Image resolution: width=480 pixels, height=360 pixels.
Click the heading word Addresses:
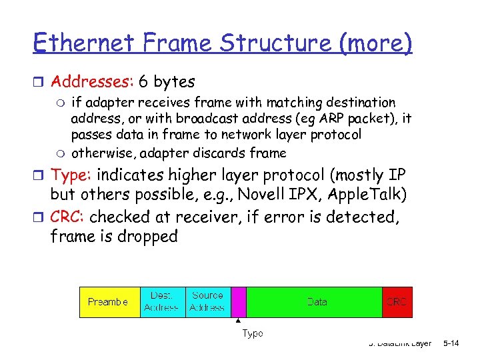point(93,82)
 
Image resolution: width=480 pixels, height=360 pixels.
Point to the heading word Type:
point(73,175)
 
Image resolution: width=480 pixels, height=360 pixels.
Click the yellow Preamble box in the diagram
point(109,302)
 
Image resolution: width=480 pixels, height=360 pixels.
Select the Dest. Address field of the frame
point(161,302)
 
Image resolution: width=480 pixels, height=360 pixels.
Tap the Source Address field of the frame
point(207,302)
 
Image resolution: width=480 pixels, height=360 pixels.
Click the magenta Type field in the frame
point(239,302)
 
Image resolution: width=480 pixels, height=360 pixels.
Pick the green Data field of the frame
point(317,302)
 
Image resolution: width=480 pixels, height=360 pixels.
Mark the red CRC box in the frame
point(397,302)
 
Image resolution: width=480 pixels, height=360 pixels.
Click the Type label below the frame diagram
point(252,333)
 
